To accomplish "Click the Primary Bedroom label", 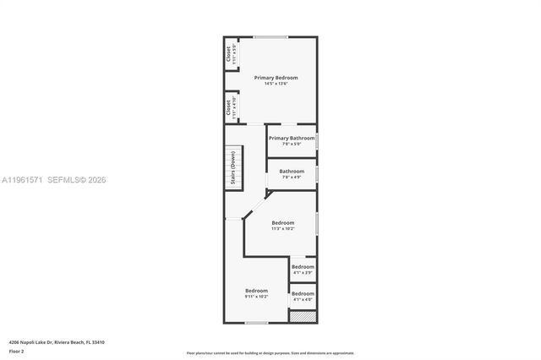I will click(x=276, y=78).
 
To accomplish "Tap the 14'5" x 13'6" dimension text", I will click(x=276, y=84).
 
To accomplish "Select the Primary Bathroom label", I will click(x=292, y=138).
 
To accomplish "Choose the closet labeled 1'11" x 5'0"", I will click(x=229, y=54).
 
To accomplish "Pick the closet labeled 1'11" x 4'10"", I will click(x=229, y=107).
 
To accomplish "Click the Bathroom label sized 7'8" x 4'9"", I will click(x=292, y=172).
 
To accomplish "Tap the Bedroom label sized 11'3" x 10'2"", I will click(x=282, y=223).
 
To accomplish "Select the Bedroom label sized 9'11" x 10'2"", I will click(x=256, y=291).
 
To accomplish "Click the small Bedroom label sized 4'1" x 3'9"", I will click(x=303, y=267).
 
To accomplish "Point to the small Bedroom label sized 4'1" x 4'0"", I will click(x=303, y=294).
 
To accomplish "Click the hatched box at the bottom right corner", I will click(x=302, y=316).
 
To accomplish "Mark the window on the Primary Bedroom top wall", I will click(x=270, y=37).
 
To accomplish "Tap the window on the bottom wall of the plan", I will click(x=256, y=323).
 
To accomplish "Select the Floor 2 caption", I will click(x=16, y=351).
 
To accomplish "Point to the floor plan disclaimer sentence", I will click(x=270, y=352).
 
